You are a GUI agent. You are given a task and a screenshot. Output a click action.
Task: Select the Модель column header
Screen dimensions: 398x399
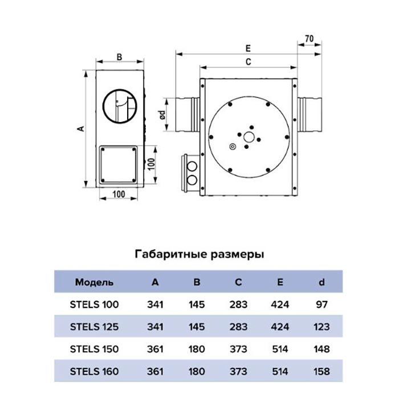tap(94, 282)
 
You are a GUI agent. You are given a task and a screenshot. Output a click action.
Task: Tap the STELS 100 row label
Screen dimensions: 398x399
tap(94, 304)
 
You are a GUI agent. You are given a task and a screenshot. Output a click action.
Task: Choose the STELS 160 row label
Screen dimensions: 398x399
tap(94, 371)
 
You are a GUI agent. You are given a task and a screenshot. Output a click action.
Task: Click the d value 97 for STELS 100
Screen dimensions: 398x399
tap(321, 304)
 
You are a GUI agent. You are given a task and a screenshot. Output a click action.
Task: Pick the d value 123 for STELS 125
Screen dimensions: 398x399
tap(321, 327)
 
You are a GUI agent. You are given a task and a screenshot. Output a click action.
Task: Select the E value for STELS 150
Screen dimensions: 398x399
tap(280, 349)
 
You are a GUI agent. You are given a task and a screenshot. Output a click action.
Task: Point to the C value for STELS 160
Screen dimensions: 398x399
tap(239, 371)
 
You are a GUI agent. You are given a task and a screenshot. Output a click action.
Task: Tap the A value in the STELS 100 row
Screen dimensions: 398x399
tap(156, 304)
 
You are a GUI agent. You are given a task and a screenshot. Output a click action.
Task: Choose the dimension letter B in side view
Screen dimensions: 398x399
tap(119, 56)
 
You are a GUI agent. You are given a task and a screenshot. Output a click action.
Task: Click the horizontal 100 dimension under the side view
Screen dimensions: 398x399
tap(119, 194)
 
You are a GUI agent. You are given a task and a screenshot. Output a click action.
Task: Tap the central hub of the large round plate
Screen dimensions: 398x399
tap(249, 137)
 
